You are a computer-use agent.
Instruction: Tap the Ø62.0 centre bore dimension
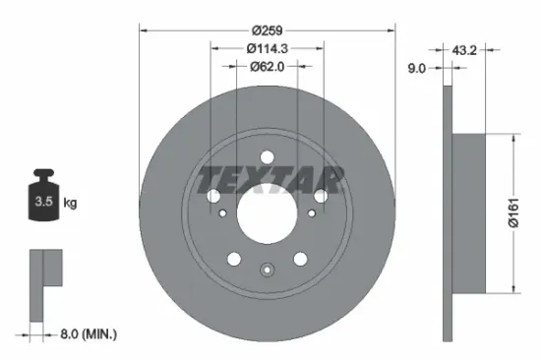267,67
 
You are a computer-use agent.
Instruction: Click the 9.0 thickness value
416,68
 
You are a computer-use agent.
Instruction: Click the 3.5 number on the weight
43,204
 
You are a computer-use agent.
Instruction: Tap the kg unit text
70,204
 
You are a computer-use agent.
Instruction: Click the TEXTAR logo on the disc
270,179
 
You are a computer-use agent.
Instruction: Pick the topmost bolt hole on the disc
267,153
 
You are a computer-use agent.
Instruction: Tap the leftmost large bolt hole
213,198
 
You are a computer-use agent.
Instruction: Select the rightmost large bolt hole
322,197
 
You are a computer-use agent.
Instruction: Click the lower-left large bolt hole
234,259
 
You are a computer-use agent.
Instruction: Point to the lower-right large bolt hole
300,259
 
